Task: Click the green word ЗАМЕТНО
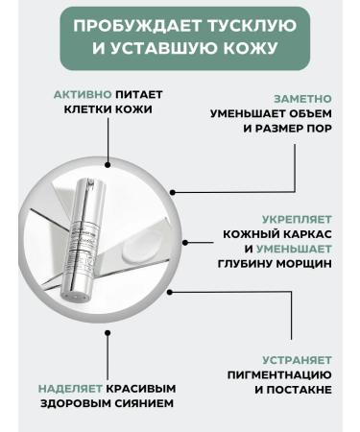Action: click(302, 99)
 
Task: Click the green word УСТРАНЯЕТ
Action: click(298, 359)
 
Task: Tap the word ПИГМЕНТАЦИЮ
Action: click(279, 374)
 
